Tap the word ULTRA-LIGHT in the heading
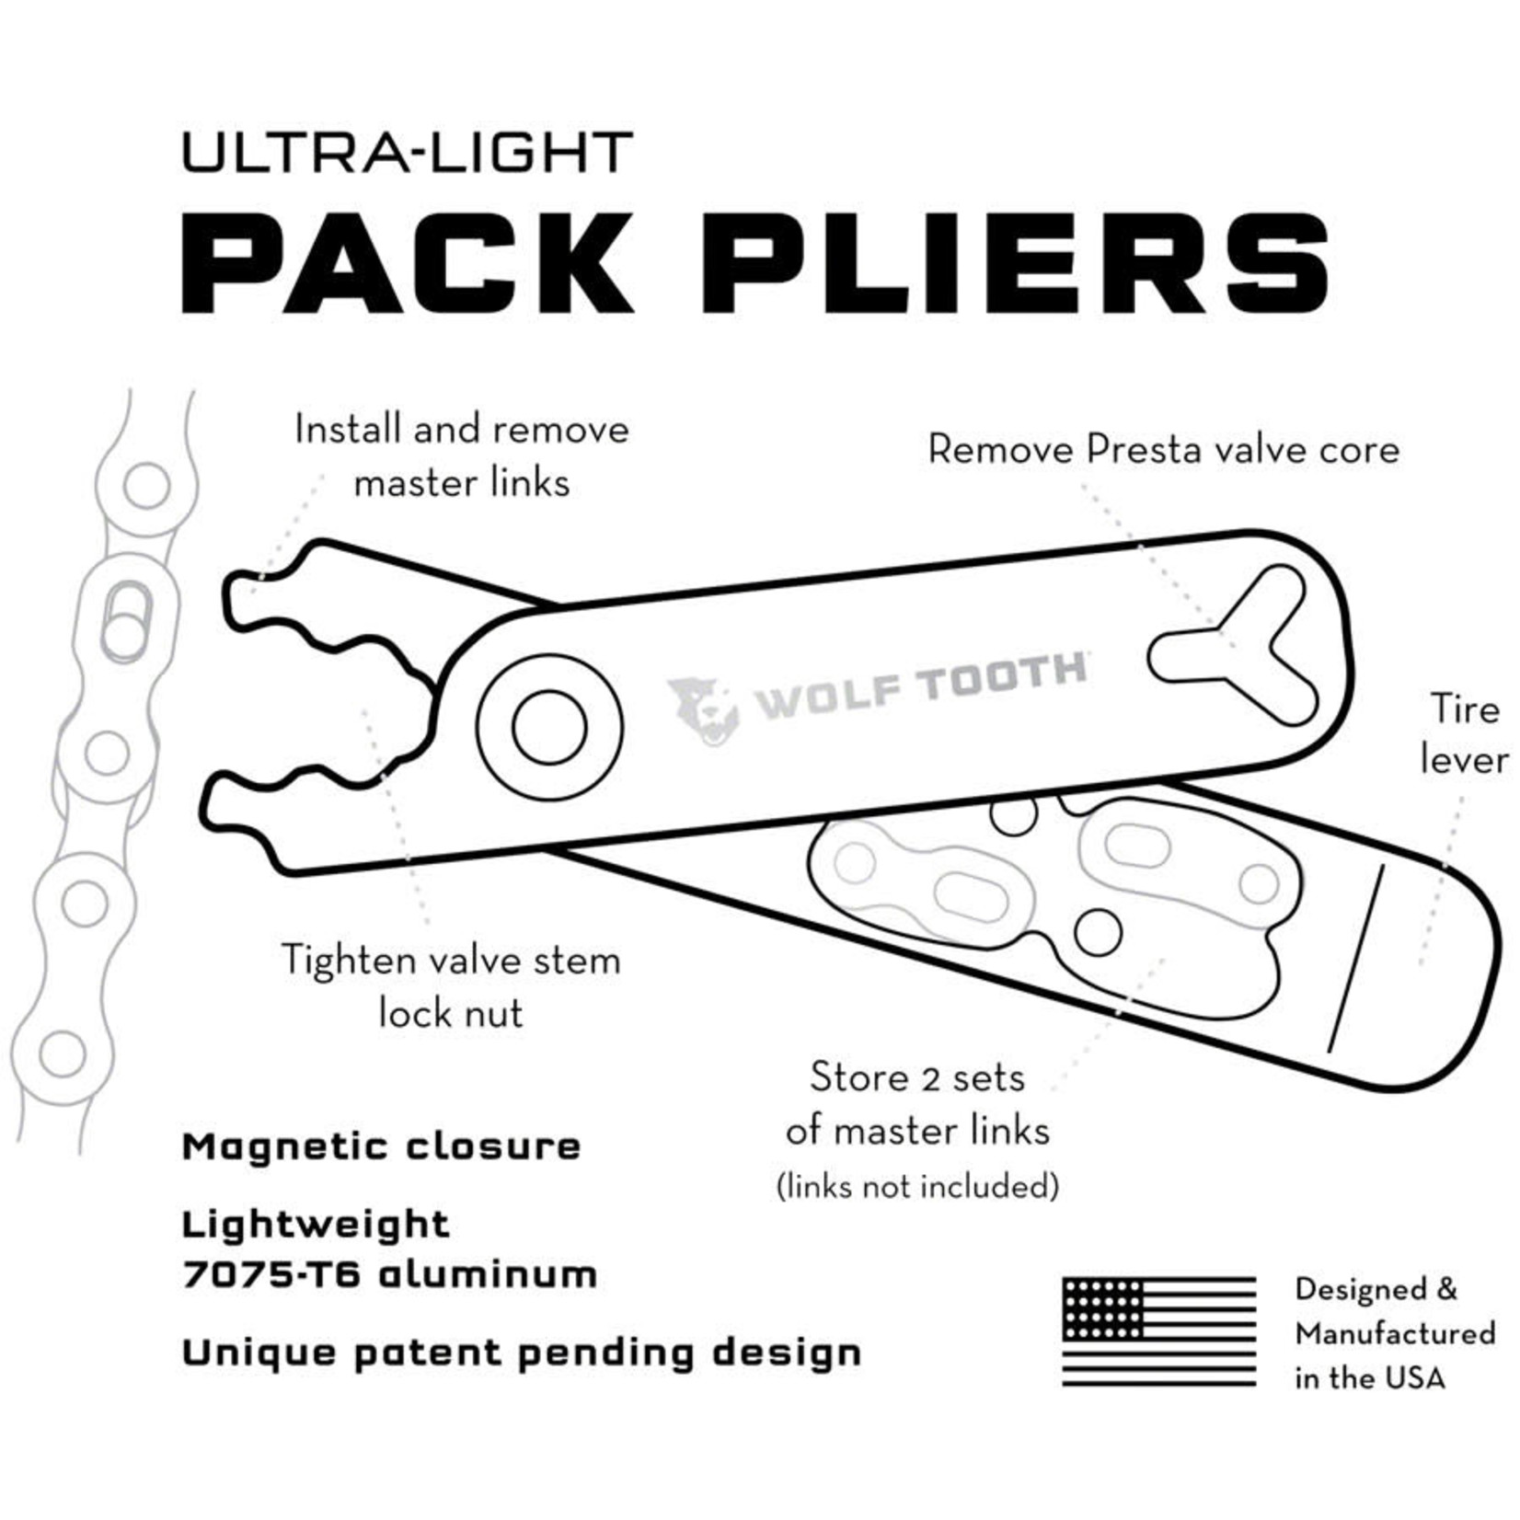coord(408,152)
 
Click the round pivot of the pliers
coord(549,727)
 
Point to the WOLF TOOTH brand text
coord(920,685)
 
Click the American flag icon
coord(1158,1331)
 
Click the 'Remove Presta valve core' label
coord(1163,450)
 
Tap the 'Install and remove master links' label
coord(462,455)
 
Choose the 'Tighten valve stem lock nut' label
coord(451,986)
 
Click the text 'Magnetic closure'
coord(382,1147)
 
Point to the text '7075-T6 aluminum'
coord(390,1275)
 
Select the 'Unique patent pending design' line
coord(522,1353)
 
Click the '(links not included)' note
coord(917,1186)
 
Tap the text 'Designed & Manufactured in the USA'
coord(1393,1332)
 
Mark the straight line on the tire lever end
coord(1354,958)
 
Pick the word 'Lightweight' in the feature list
coord(316,1225)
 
